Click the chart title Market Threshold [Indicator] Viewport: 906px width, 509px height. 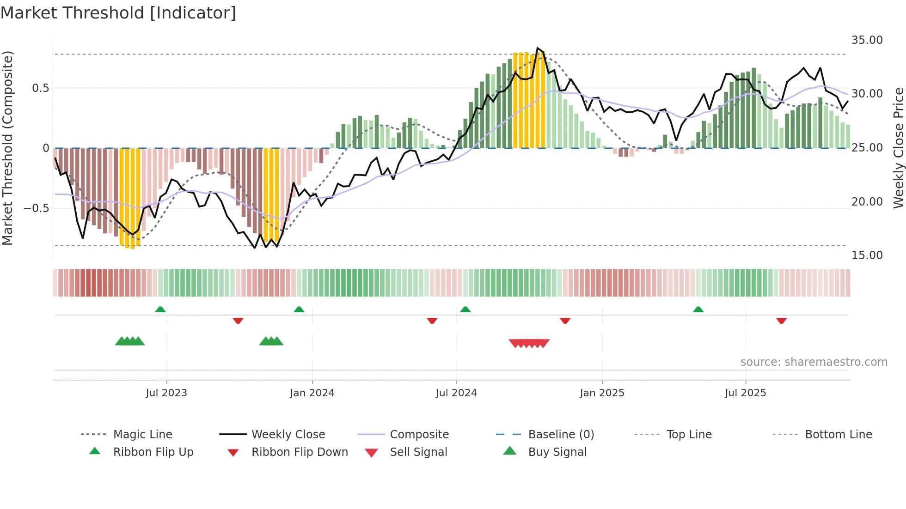pyautogui.click(x=118, y=13)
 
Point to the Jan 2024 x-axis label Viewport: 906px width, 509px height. pyautogui.click(x=312, y=393)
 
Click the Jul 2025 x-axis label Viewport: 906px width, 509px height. pyautogui.click(x=745, y=393)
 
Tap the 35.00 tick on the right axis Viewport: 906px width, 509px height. pyautogui.click(x=867, y=40)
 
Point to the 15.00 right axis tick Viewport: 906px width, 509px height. pyautogui.click(x=867, y=255)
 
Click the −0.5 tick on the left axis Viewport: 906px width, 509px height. pyautogui.click(x=36, y=208)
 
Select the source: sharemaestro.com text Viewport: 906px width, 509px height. pyautogui.click(x=814, y=362)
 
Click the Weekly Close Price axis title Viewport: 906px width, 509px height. pyautogui.click(x=898, y=148)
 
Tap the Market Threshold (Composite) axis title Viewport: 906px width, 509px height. pyautogui.click(x=7, y=148)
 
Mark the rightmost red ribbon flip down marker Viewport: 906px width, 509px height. pyautogui.click(x=781, y=321)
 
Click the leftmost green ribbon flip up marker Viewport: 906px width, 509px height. pyautogui.click(x=160, y=309)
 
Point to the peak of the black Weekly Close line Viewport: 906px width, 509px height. pyautogui.click(x=537, y=48)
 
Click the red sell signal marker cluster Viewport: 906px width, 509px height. pyautogui.click(x=529, y=343)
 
